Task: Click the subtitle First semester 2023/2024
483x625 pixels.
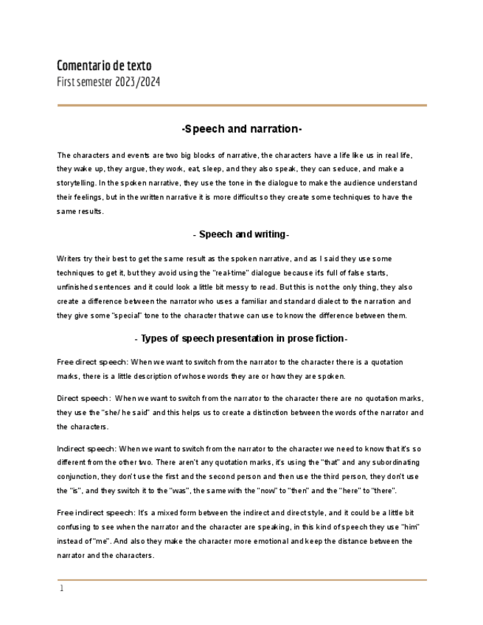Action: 108,82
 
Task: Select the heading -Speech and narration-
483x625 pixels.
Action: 242,129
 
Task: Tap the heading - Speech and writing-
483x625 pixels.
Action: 241,234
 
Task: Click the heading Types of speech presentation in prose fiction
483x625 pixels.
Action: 241,338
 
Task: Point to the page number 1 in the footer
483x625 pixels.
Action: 62,588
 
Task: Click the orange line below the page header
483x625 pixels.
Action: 242,105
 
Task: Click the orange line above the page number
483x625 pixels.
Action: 242,580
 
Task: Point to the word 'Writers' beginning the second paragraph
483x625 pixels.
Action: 69,259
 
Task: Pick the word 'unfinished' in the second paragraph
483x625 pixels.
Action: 75,287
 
